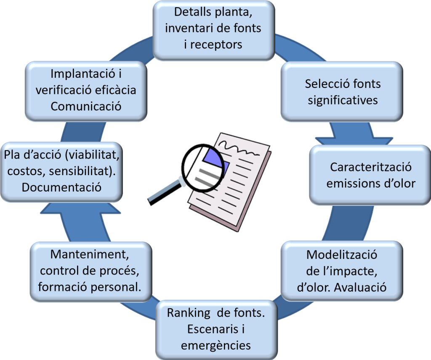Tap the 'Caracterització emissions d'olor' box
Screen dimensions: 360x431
pos(370,175)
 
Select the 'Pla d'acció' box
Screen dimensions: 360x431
pos(62,171)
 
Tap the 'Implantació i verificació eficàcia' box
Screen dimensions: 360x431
pos(86,90)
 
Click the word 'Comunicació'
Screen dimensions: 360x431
pos(86,106)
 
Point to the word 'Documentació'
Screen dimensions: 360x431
pos(62,187)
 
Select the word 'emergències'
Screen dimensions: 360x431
pos(216,345)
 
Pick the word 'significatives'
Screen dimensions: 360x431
pos(343,100)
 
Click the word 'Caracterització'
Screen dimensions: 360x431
pos(371,167)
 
